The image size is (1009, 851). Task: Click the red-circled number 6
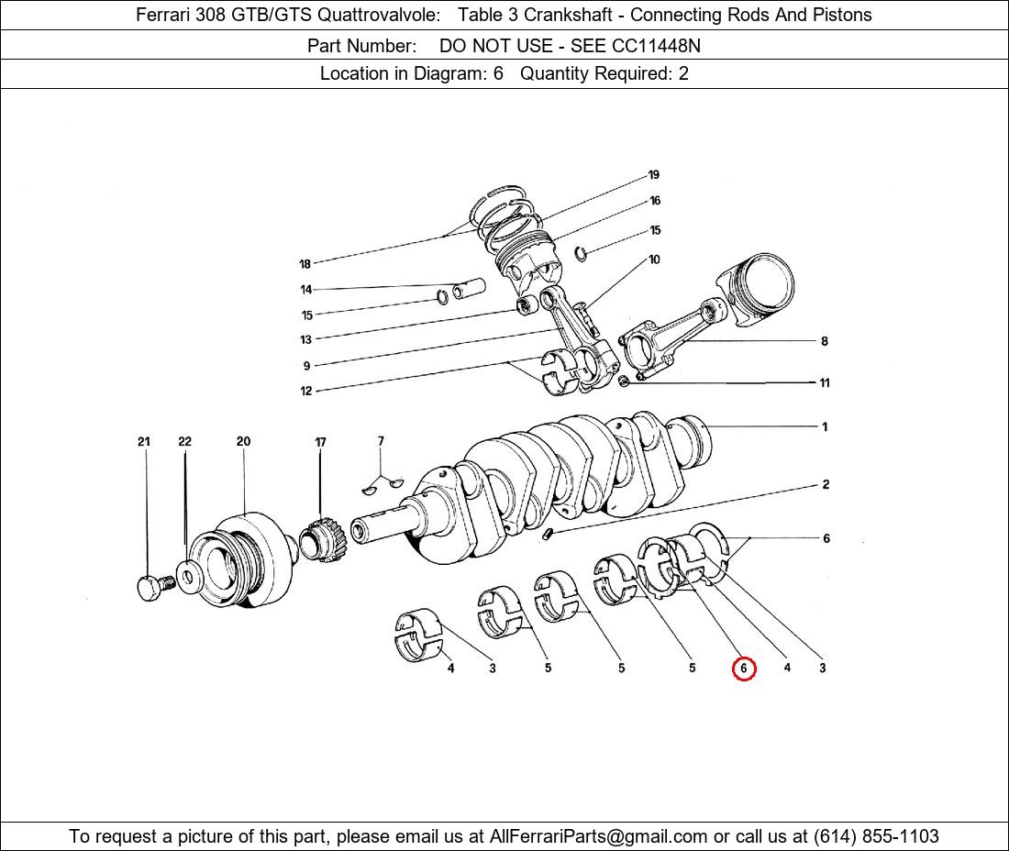tap(743, 669)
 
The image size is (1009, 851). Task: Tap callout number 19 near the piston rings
tap(654, 175)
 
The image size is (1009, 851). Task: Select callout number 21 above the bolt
tap(143, 441)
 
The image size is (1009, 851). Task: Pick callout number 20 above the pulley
tap(243, 441)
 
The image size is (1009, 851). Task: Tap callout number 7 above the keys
tap(381, 440)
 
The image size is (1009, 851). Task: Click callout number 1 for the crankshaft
tap(825, 426)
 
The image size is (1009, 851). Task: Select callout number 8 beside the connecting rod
tap(825, 341)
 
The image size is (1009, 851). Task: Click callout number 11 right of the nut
tap(825, 382)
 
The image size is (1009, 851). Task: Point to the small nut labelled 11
tap(623, 382)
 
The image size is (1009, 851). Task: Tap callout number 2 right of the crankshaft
tap(826, 484)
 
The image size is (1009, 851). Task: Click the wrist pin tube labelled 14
tap(469, 289)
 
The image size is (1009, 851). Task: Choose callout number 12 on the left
tap(305, 391)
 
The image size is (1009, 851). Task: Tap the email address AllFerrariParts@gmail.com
tap(598, 836)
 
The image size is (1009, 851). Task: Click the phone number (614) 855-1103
tap(876, 836)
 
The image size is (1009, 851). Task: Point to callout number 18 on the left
tap(305, 264)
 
